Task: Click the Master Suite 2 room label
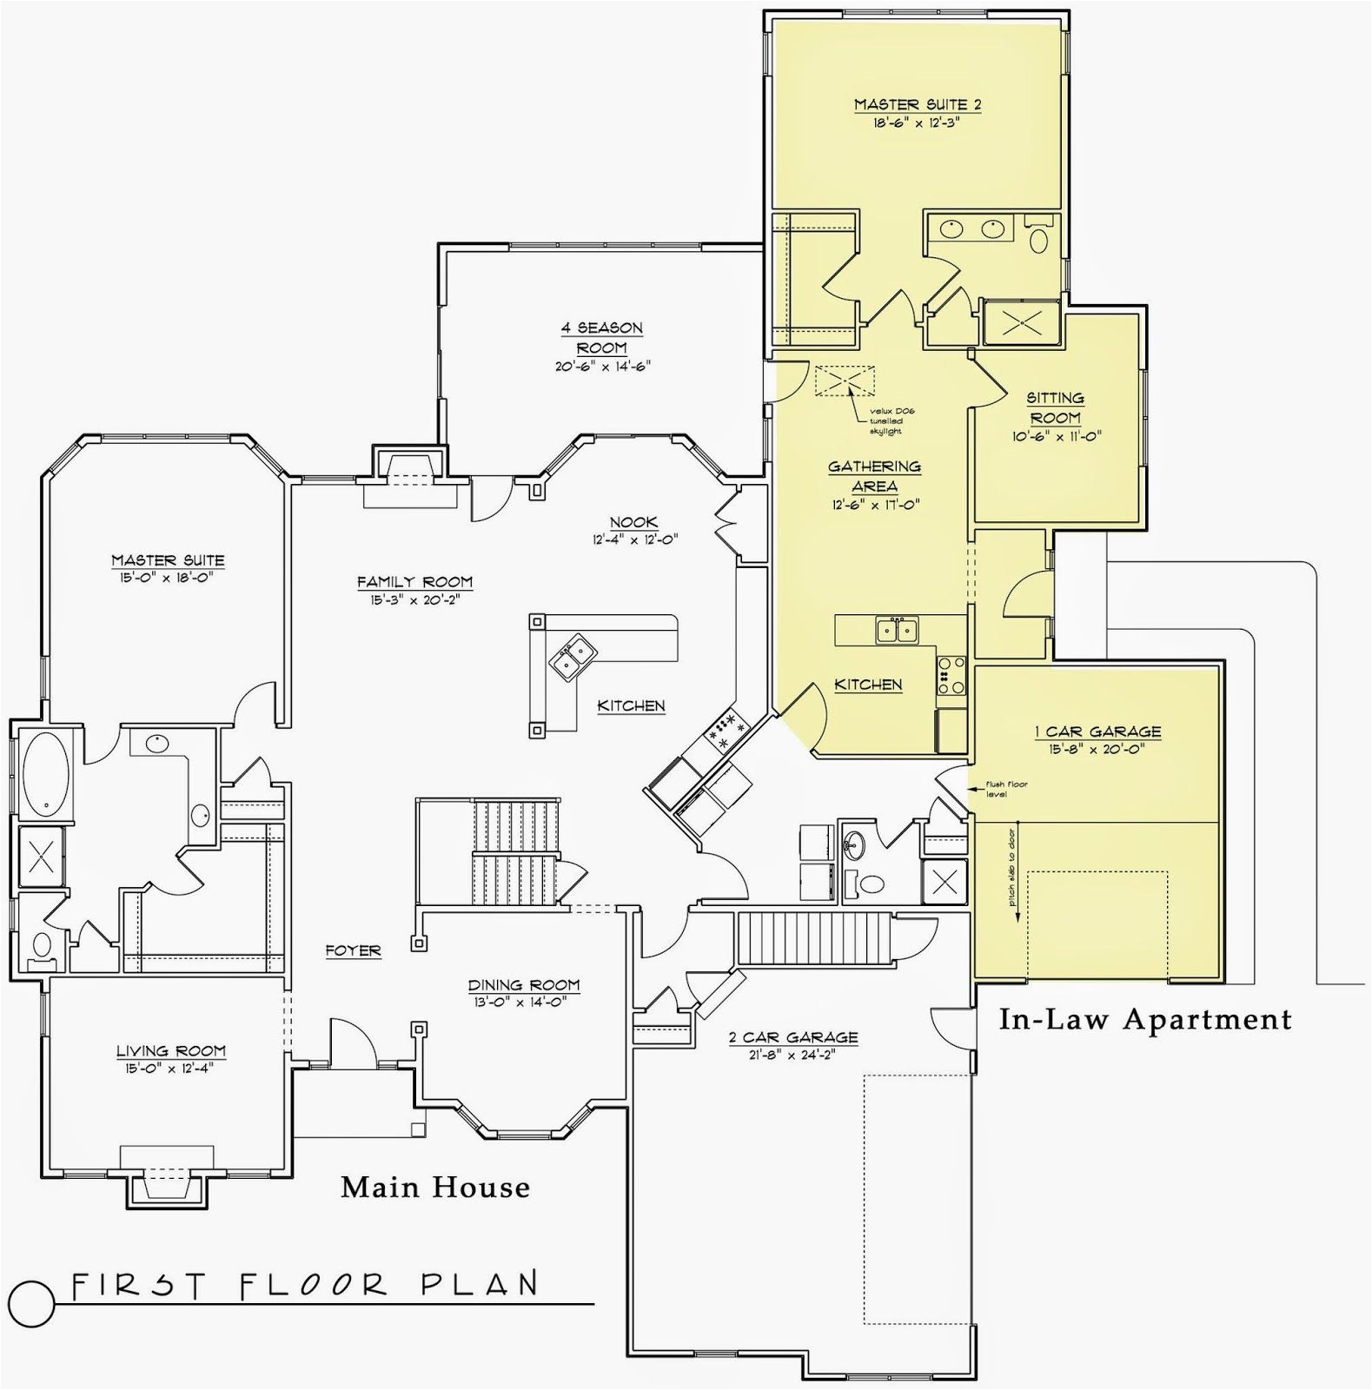[917, 104]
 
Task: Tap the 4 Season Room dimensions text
[602, 366]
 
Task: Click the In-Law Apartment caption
[1144, 1018]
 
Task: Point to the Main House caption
[434, 1186]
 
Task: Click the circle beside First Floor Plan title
[35, 1301]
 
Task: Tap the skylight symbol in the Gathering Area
[844, 381]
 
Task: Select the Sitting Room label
[1055, 407]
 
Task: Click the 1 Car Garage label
[1097, 731]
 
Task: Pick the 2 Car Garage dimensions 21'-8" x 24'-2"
[787, 1055]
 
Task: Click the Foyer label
[353, 950]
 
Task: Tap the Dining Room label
[523, 984]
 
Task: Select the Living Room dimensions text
[170, 1067]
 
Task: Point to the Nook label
[633, 522]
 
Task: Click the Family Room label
[414, 581]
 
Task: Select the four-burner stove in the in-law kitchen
[951, 674]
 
